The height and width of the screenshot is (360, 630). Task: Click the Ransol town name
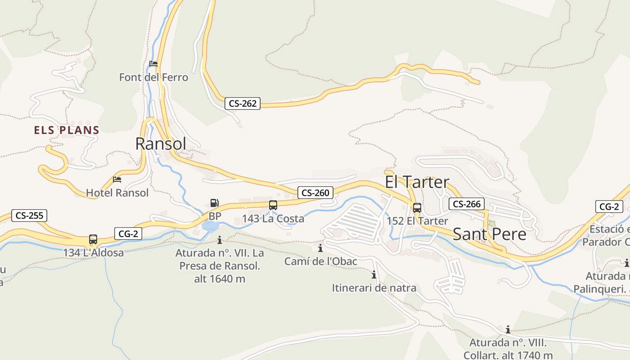pyautogui.click(x=161, y=144)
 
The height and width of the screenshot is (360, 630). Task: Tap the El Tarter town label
pyautogui.click(x=417, y=182)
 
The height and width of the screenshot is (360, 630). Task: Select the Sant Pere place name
pyautogui.click(x=489, y=234)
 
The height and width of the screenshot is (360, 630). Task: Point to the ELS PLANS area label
pyautogui.click(x=67, y=130)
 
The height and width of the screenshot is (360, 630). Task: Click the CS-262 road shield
pyautogui.click(x=243, y=103)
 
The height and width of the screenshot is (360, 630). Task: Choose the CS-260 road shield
pyautogui.click(x=315, y=193)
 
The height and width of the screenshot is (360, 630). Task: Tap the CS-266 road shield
pyautogui.click(x=467, y=204)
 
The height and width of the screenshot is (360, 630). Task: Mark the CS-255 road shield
pyautogui.click(x=29, y=216)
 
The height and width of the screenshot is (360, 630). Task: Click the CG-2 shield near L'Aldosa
pyautogui.click(x=128, y=234)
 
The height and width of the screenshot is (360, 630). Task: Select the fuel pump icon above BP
pyautogui.click(x=215, y=203)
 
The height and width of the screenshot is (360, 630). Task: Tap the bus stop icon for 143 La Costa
pyautogui.click(x=273, y=205)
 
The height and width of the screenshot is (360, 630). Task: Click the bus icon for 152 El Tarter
pyautogui.click(x=417, y=208)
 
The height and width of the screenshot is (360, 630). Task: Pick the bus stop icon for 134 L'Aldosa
pyautogui.click(x=93, y=239)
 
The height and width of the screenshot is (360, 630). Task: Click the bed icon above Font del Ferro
pyautogui.click(x=153, y=64)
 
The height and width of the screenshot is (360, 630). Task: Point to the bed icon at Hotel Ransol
pyautogui.click(x=117, y=180)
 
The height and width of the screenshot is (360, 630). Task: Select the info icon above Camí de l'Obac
pyautogui.click(x=320, y=248)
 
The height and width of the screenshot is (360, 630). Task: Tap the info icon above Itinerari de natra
pyautogui.click(x=373, y=274)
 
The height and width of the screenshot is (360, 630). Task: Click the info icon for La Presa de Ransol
pyautogui.click(x=220, y=240)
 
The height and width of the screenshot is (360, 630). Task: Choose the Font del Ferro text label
pyautogui.click(x=153, y=77)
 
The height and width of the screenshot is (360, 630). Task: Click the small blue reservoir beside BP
pyautogui.click(x=210, y=225)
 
